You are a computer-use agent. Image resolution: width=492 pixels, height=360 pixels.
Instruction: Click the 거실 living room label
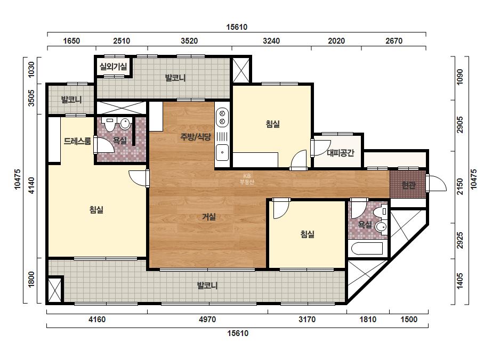click(x=208, y=217)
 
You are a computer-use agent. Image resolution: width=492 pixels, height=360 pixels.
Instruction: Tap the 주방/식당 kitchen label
click(x=196, y=137)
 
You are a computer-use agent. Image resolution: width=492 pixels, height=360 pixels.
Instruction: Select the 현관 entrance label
click(x=408, y=185)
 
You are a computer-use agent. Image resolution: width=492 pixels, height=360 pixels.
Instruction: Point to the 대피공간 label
click(x=341, y=153)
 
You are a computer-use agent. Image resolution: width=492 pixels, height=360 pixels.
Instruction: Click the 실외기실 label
click(x=114, y=67)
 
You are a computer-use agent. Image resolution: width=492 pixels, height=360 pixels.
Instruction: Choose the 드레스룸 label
click(x=77, y=141)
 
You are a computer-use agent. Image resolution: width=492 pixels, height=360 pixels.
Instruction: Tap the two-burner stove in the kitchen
click(x=222, y=117)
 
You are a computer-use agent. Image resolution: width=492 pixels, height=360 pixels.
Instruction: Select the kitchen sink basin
click(x=222, y=152)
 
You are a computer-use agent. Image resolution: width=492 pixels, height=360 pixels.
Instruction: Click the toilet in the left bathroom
click(x=110, y=124)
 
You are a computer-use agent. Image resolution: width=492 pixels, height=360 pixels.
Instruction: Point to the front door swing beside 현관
click(x=437, y=183)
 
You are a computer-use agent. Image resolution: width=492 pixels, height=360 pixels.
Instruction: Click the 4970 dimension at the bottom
click(x=207, y=320)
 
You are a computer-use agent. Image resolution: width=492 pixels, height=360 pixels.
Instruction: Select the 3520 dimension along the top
click(x=190, y=41)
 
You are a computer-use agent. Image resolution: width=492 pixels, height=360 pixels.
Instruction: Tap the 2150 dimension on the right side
click(x=460, y=187)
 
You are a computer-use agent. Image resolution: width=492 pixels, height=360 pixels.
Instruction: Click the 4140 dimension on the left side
click(x=31, y=185)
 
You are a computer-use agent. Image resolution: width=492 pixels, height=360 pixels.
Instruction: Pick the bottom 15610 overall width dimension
click(x=238, y=333)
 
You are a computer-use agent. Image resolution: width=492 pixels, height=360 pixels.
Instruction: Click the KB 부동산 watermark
click(x=247, y=179)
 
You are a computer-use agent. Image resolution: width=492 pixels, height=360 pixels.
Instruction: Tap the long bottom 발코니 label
click(x=207, y=285)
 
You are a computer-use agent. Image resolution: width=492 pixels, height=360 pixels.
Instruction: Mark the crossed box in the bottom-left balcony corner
click(x=54, y=290)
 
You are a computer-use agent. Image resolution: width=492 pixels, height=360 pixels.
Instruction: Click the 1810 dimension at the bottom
click(x=368, y=320)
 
